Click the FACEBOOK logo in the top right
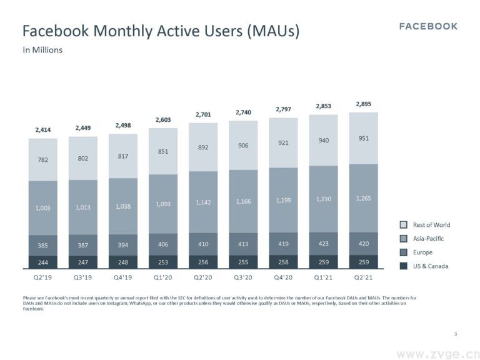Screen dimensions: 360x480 coord(428,26)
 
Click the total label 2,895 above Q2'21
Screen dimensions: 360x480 coord(363,104)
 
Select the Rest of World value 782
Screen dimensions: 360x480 coord(42,160)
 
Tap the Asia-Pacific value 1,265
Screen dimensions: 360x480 coord(363,198)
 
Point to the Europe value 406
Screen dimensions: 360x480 coord(163,245)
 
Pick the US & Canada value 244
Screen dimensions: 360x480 coord(42,263)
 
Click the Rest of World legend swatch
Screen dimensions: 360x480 coord(404,225)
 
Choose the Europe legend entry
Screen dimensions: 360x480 coord(422,252)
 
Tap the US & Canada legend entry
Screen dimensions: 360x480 coord(430,266)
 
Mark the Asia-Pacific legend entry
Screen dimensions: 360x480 coord(428,239)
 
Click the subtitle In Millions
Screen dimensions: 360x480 coord(42,50)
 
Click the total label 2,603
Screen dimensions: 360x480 coord(163,119)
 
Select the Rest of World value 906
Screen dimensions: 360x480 coord(243,146)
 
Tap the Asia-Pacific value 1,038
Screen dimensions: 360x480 coord(123,206)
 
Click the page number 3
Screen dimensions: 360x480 coord(456,334)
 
